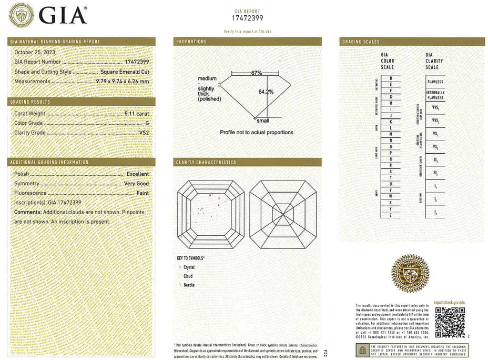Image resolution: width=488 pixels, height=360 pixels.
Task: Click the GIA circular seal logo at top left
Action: point(22,15)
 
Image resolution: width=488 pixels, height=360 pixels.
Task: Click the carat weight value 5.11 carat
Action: point(136,113)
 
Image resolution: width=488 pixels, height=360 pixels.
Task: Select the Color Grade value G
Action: point(147,123)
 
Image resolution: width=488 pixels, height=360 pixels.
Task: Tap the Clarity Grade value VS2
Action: point(144,133)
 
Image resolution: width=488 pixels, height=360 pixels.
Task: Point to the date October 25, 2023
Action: point(35,52)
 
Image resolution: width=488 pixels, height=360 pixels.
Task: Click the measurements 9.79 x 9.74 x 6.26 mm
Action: point(122,82)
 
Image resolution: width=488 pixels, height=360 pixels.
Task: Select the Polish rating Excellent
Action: point(138,174)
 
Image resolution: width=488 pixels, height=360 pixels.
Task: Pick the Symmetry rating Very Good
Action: point(136,184)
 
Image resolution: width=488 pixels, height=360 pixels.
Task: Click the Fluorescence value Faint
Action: point(143,193)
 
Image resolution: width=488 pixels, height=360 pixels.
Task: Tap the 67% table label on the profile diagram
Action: point(256,73)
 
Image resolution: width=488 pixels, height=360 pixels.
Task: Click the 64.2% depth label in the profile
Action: point(266,92)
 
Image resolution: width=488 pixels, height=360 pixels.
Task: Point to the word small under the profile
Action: point(262,121)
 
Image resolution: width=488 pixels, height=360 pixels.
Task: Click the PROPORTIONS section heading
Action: point(191,42)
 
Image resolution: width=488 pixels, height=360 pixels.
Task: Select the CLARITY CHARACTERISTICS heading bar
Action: point(247,163)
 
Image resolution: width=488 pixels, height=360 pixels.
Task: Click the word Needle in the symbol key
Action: point(189,285)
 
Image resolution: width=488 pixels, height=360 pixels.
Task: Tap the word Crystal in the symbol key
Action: point(189,267)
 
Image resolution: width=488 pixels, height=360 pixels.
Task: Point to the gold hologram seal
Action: point(410,273)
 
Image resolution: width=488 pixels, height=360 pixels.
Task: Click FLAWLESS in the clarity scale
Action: point(435,82)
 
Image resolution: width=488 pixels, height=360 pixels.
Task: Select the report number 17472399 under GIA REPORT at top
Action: point(247,18)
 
